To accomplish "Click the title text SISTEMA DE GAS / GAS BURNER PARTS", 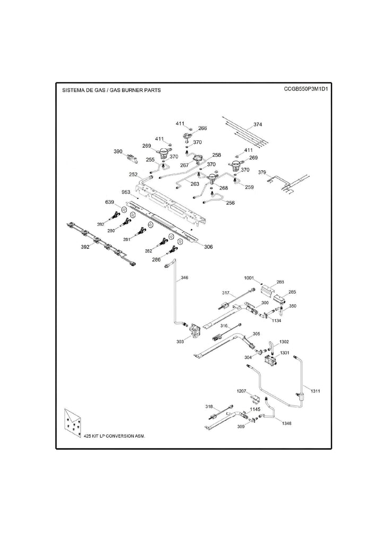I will pyautogui.click(x=112, y=90).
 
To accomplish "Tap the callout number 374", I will pyautogui.click(x=258, y=125).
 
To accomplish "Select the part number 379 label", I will pyautogui.click(x=262, y=173).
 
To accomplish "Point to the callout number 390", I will pyautogui.click(x=118, y=151).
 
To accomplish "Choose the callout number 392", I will pyautogui.click(x=84, y=247).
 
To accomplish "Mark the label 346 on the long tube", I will pyautogui.click(x=184, y=277).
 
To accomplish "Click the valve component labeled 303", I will pyautogui.click(x=196, y=332).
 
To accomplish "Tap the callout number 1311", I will pyautogui.click(x=316, y=391).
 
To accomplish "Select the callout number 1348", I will pyautogui.click(x=286, y=423).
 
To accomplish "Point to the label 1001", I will pyautogui.click(x=249, y=278).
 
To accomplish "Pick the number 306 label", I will pyautogui.click(x=194, y=247).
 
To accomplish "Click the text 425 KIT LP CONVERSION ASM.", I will pyautogui.click(x=114, y=436).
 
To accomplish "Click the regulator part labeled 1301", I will pyautogui.click(x=271, y=362).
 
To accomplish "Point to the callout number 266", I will pyautogui.click(x=202, y=128).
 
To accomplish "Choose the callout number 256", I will pyautogui.click(x=230, y=203).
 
